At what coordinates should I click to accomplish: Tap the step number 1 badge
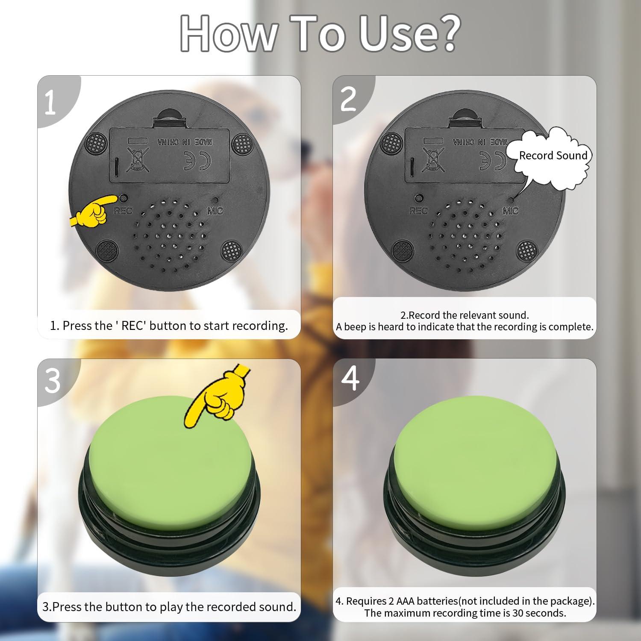pos(50,103)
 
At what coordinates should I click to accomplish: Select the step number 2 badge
pos(348,99)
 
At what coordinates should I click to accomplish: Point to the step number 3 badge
pos(52,380)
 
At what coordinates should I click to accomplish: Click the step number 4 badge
pos(350,378)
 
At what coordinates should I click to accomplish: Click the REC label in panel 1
pos(123,211)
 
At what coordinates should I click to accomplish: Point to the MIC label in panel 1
pos(215,211)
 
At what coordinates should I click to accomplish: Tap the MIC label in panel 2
pos(511,211)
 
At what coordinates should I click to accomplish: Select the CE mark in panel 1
pos(193,161)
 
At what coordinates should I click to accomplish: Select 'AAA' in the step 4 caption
pos(406,601)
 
